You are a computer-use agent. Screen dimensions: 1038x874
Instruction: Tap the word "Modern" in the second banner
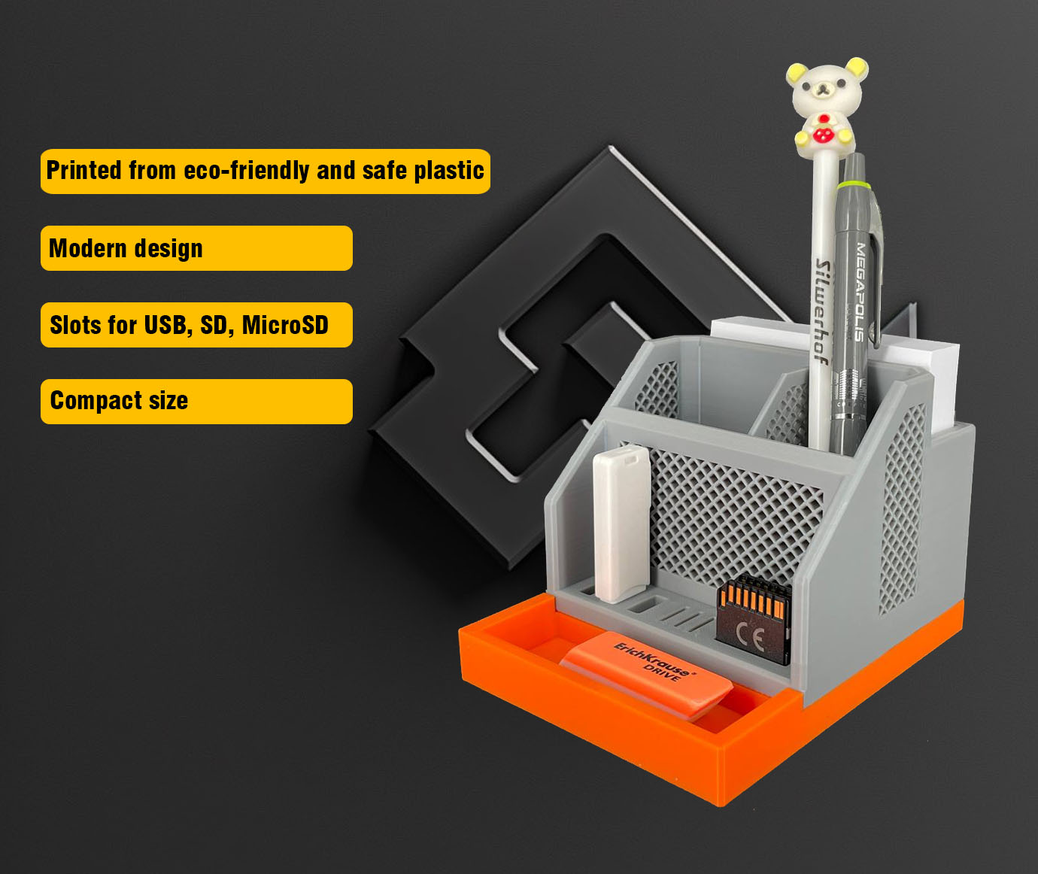[88, 248]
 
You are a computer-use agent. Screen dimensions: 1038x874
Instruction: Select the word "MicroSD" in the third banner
[285, 325]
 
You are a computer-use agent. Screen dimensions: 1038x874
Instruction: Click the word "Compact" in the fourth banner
[96, 402]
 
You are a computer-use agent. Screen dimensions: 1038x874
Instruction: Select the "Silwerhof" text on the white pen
[823, 311]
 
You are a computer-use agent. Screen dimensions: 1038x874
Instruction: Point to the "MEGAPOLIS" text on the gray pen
[860, 292]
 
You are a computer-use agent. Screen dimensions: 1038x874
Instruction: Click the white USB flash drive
[621, 524]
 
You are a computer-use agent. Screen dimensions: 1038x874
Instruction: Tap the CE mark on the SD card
[750, 639]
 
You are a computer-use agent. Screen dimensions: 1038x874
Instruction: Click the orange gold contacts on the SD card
[751, 599]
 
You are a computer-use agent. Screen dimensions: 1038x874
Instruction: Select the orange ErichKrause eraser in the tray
[646, 675]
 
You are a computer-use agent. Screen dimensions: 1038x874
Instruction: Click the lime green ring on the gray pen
[852, 186]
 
